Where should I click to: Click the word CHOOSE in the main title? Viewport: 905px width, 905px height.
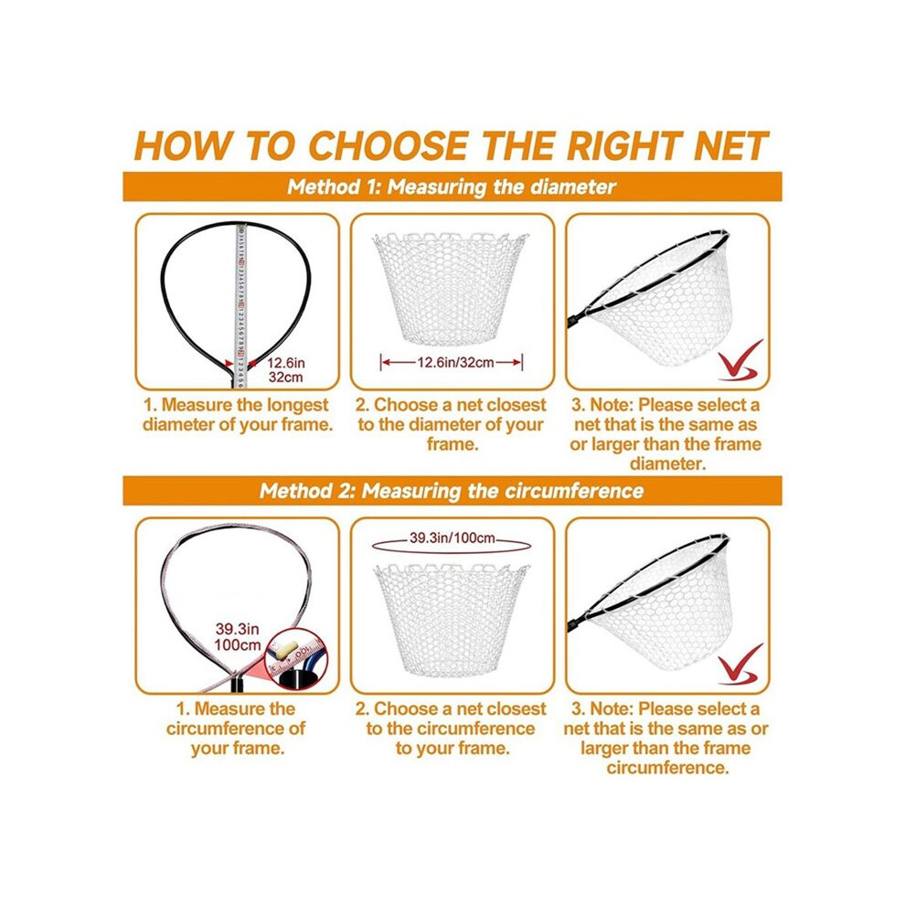(388, 145)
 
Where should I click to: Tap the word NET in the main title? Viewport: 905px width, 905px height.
(731, 145)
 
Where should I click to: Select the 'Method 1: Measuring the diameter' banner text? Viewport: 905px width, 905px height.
(452, 187)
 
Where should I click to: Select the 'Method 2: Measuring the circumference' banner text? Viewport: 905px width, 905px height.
(452, 491)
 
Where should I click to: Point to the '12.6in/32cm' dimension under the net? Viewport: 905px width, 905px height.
(452, 363)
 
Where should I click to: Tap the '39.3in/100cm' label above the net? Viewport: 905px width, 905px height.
(452, 538)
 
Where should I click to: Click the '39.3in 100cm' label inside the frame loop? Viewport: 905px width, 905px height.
(237, 637)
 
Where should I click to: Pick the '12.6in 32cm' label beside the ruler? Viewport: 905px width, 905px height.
(286, 370)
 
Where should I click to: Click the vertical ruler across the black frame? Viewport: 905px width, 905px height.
(240, 306)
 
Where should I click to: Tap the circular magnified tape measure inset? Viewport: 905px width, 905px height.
(295, 660)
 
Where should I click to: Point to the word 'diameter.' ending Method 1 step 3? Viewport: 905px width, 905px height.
(667, 464)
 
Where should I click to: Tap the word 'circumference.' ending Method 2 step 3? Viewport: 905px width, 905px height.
(667, 768)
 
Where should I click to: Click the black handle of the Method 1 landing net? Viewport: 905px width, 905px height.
(578, 318)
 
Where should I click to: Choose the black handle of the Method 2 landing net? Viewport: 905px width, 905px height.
(578, 623)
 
